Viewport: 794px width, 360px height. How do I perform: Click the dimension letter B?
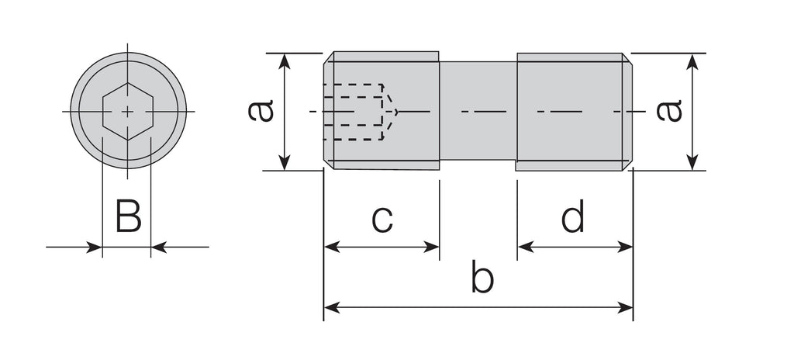[x=128, y=216]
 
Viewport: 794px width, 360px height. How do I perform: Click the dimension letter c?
[x=381, y=219]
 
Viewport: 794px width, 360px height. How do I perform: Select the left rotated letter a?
[x=261, y=110]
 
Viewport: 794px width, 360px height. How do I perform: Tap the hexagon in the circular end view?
[x=128, y=112]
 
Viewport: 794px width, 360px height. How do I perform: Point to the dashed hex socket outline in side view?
[x=354, y=112]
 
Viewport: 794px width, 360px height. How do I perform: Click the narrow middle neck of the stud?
[x=478, y=111]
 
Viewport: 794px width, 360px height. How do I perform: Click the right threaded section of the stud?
[x=570, y=111]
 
